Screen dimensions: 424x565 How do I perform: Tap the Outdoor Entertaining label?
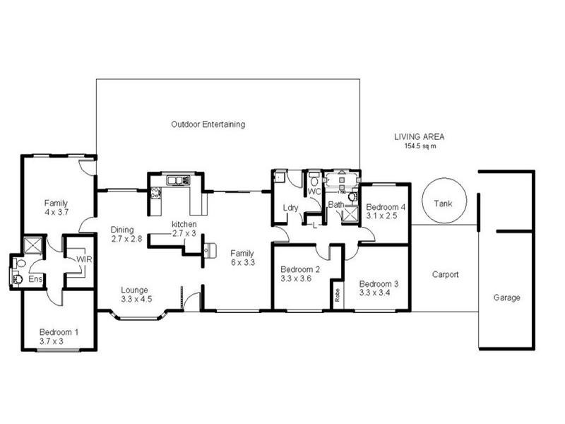pyautogui.click(x=208, y=124)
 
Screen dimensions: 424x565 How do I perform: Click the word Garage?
pyautogui.click(x=506, y=298)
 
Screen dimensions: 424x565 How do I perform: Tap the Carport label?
pyautogui.click(x=446, y=275)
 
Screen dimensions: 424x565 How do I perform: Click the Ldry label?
pyautogui.click(x=290, y=207)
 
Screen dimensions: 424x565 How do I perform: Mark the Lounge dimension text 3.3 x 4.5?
pyautogui.click(x=136, y=299)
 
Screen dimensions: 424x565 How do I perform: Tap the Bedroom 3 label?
pyautogui.click(x=379, y=283)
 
